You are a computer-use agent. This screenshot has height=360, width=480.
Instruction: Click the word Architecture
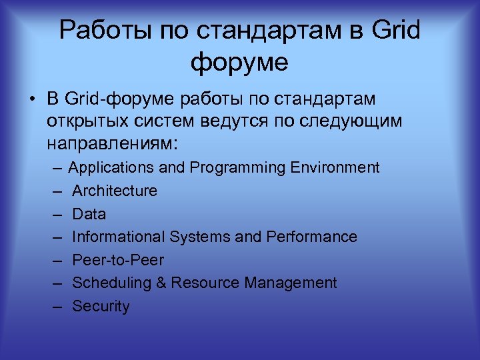tap(115, 191)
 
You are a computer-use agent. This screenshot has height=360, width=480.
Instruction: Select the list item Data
tap(89, 214)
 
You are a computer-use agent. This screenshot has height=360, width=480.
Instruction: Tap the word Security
tap(101, 307)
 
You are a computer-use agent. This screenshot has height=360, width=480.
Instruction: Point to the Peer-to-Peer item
tap(117, 260)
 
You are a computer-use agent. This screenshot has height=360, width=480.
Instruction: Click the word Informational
tap(119, 237)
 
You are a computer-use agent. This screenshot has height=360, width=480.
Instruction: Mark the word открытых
tap(87, 121)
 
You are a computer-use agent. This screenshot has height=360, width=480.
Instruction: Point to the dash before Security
tap(58, 307)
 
